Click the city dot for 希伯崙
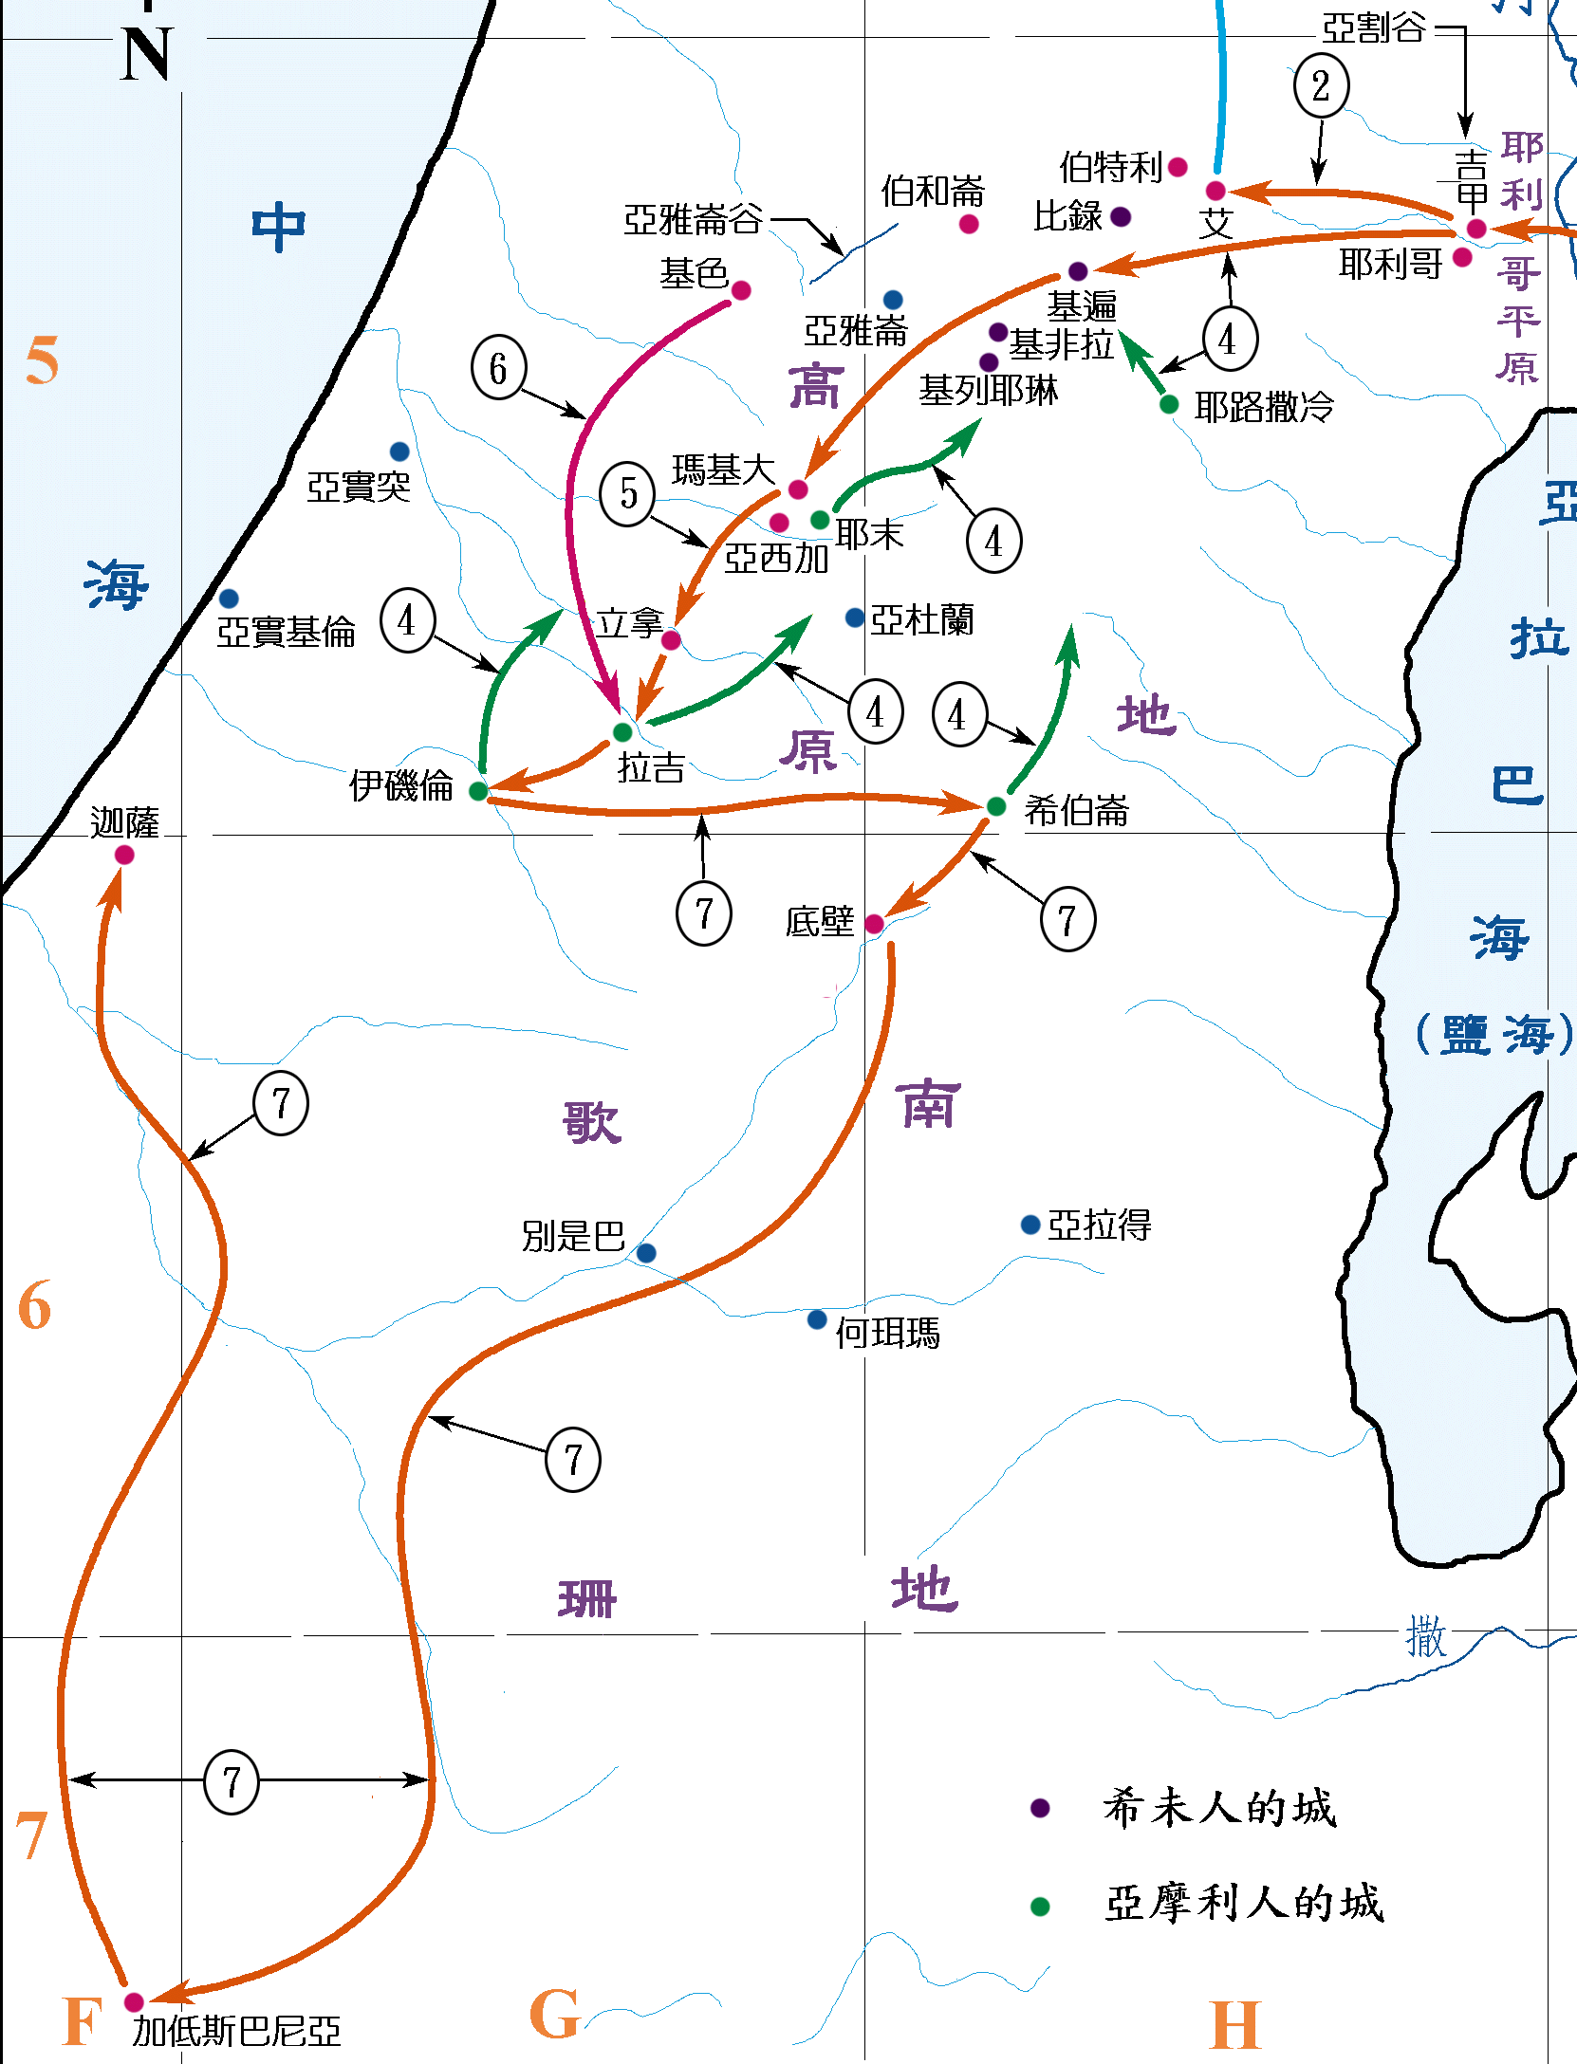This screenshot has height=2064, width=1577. pyautogui.click(x=996, y=806)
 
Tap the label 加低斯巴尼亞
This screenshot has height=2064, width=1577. pyautogui.click(x=236, y=2031)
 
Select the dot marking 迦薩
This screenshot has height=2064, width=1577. pyautogui.click(x=124, y=855)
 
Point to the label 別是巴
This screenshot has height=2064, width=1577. pyautogui.click(x=573, y=1236)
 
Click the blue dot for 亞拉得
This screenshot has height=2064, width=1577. pyautogui.click(x=1030, y=1225)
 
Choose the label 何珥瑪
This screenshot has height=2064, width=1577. pyautogui.click(x=887, y=1333)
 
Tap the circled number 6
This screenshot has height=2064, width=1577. pyautogui.click(x=498, y=368)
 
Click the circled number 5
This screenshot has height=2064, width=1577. pyautogui.click(x=627, y=493)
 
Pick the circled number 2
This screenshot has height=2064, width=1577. pyautogui.click(x=1321, y=86)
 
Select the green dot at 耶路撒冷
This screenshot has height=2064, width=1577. pyautogui.click(x=1169, y=405)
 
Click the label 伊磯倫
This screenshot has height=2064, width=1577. pyautogui.click(x=400, y=785)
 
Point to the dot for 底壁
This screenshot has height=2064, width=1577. pyautogui.click(x=874, y=924)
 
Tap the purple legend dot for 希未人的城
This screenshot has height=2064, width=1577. pyautogui.click(x=1040, y=1808)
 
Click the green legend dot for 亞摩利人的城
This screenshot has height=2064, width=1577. pyautogui.click(x=1040, y=1907)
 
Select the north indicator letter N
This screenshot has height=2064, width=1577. pyautogui.click(x=147, y=54)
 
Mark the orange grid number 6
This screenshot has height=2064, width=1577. pyautogui.click(x=34, y=1306)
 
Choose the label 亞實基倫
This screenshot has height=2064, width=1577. pyautogui.click(x=286, y=632)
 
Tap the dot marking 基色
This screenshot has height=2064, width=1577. pyautogui.click(x=741, y=290)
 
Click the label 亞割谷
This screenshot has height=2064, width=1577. pyautogui.click(x=1373, y=28)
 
